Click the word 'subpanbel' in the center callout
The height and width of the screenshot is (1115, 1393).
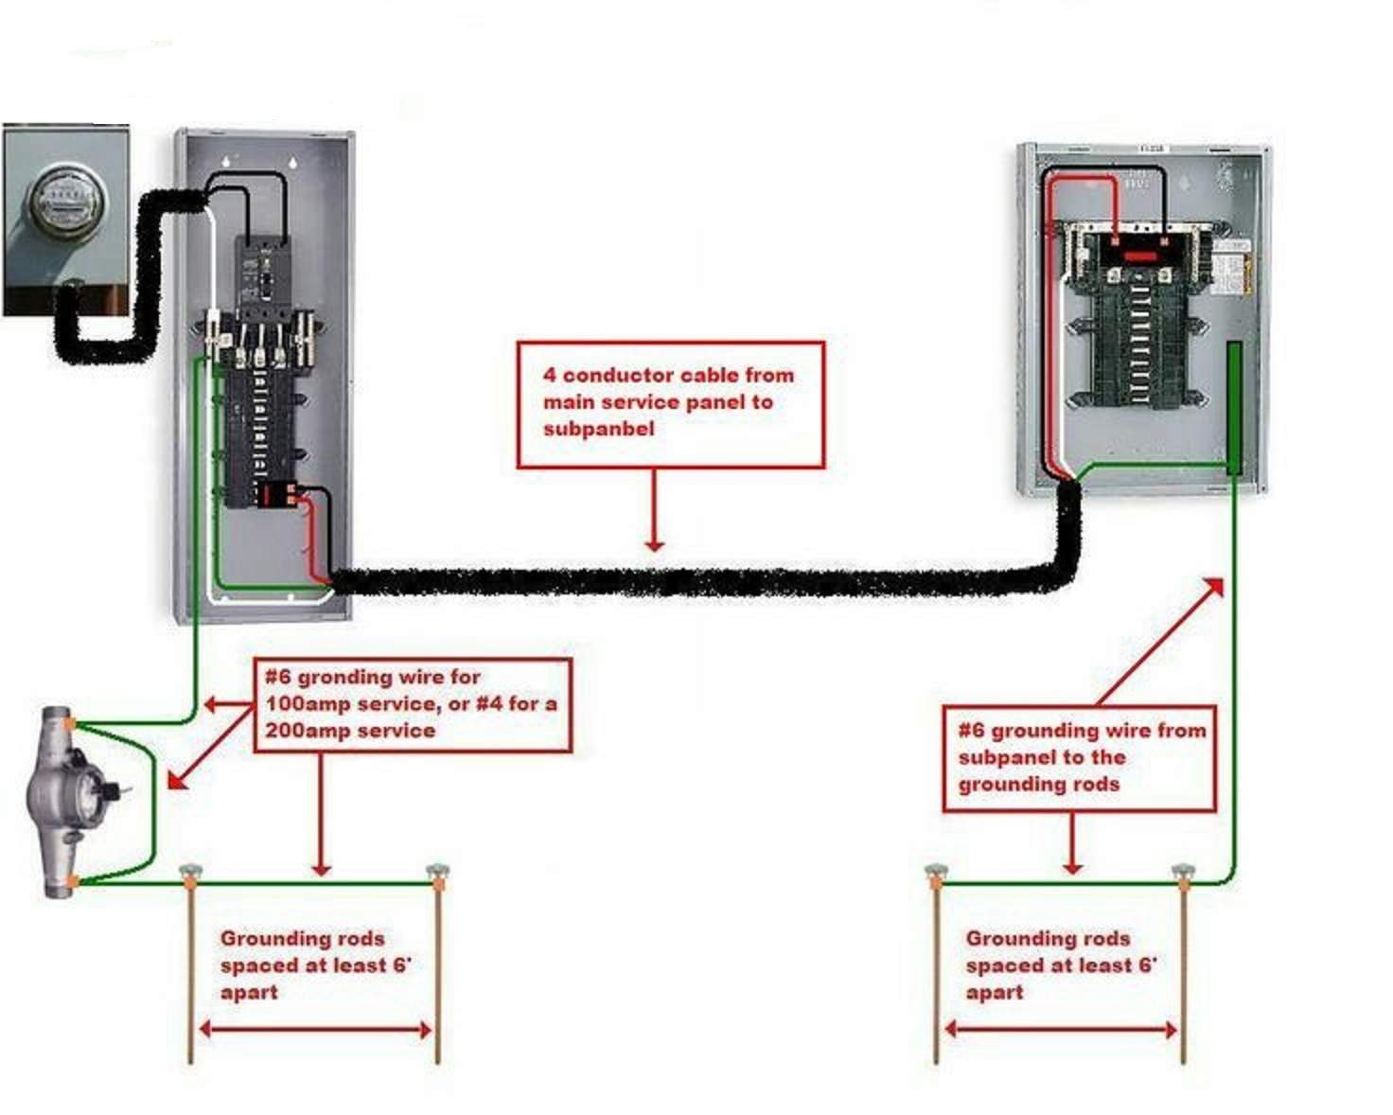(598, 429)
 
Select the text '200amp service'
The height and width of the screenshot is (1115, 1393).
(350, 731)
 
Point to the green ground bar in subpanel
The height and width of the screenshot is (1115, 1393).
(1234, 408)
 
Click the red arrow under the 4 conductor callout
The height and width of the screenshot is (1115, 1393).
(654, 510)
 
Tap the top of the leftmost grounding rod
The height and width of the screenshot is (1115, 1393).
(190, 872)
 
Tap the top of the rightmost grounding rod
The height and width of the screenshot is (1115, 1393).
(1183, 872)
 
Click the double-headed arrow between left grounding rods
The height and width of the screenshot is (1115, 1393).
(315, 1030)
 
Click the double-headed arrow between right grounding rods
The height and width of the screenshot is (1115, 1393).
(1061, 1030)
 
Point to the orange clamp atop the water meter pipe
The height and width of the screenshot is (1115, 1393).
(70, 724)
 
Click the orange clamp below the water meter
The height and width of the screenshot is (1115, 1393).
(71, 881)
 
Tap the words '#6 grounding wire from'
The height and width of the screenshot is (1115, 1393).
(1082, 731)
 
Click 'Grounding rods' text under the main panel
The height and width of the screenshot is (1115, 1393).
(302, 939)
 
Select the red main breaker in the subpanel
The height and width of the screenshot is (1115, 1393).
(1139, 256)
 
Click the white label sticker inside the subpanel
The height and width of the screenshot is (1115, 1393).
(1230, 269)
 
